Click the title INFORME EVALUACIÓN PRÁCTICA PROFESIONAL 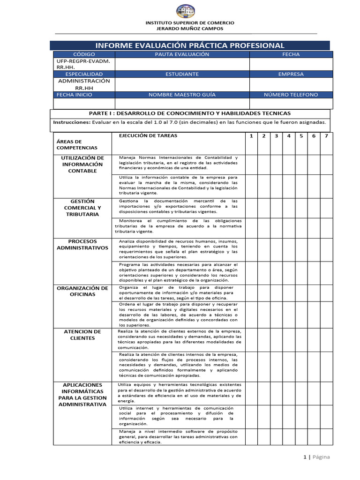coord(190,45)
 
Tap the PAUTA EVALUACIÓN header coord(182,54)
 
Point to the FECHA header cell coord(291,54)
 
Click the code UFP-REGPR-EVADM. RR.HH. coord(77,64)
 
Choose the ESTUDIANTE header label coord(182,74)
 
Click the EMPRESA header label coord(291,74)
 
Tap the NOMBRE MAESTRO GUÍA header coord(182,95)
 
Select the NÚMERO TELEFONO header coord(291,95)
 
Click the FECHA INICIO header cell coord(75,95)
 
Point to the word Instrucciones coord(72,122)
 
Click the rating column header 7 coord(326,136)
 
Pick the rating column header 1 coord(251,136)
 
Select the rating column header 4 coord(289,136)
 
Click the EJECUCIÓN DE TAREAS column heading coord(148,135)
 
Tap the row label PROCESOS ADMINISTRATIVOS coord(82,245)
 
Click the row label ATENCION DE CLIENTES coord(82,335)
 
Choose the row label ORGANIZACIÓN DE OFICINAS coord(82,291)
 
